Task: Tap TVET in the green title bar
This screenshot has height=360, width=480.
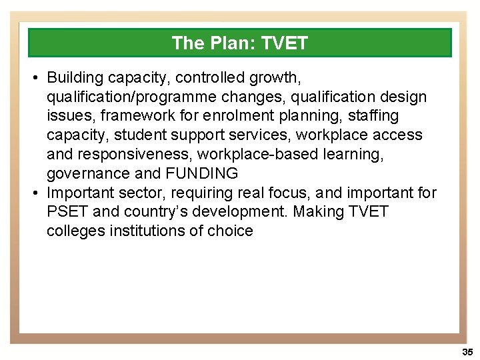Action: point(285,43)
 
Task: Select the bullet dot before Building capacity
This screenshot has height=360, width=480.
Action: point(35,78)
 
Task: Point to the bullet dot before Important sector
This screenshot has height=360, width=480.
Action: point(35,193)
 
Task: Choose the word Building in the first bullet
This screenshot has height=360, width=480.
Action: point(74,78)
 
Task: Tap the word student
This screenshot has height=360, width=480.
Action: point(141,135)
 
